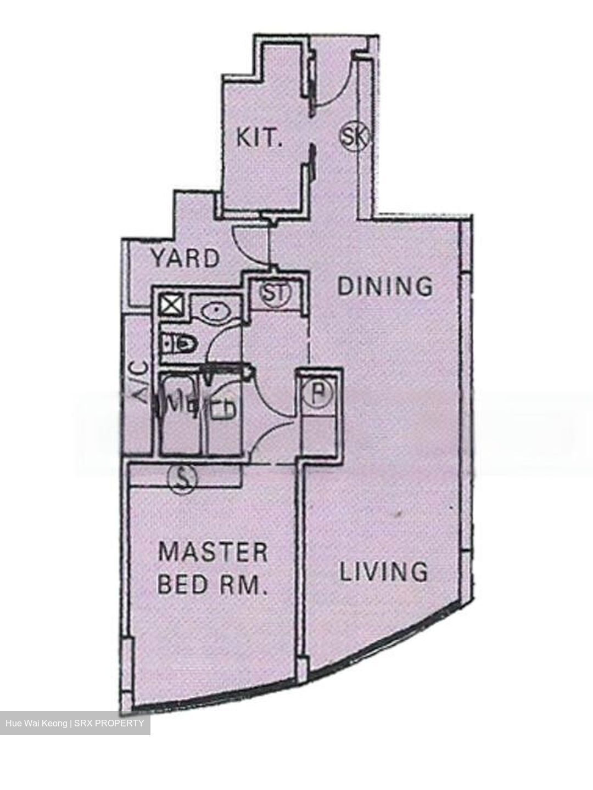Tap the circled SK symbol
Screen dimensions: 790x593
[353, 136]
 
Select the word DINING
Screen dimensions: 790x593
[385, 286]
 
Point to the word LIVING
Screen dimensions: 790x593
[384, 572]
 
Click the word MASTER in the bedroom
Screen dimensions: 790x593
[213, 551]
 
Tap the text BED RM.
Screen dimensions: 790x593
[212, 585]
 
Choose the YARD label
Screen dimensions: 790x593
[186, 258]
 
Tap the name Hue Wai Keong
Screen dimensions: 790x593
[36, 723]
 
